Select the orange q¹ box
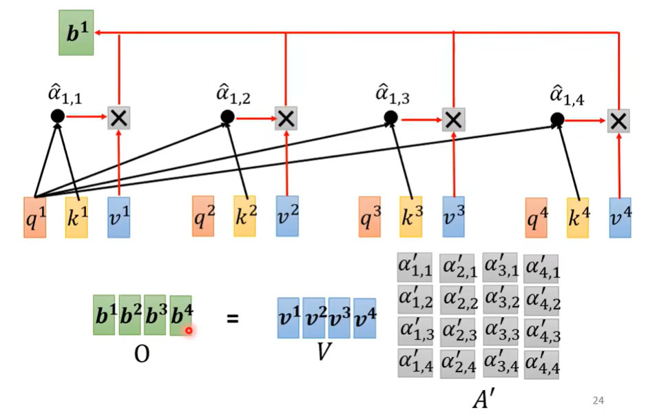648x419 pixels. (x=34, y=218)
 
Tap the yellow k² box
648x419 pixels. (x=244, y=216)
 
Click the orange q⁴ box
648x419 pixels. (x=536, y=218)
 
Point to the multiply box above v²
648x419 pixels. (x=286, y=119)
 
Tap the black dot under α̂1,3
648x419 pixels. (x=390, y=118)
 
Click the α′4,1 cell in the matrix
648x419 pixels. (x=541, y=267)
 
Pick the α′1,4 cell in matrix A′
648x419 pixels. (x=415, y=362)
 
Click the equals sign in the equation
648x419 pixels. (x=233, y=318)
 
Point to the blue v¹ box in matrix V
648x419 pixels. (x=289, y=318)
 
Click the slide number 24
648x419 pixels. (x=598, y=400)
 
